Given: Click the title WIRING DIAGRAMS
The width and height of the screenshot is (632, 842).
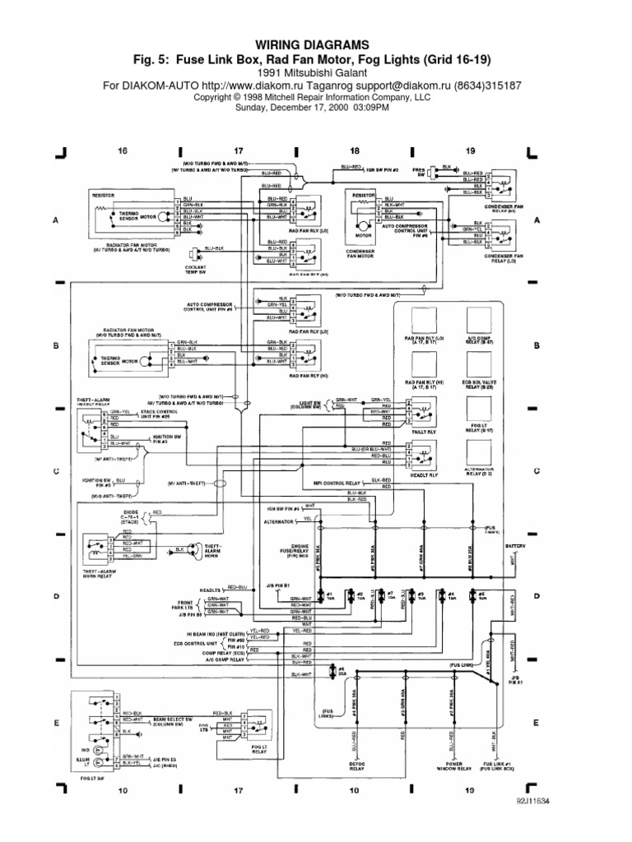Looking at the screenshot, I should click(x=315, y=44).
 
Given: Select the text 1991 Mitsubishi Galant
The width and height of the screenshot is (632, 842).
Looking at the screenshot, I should click(x=315, y=72).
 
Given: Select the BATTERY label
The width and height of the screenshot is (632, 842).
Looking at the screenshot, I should click(x=514, y=545).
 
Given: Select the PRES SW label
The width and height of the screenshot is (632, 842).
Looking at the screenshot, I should click(x=418, y=173).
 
